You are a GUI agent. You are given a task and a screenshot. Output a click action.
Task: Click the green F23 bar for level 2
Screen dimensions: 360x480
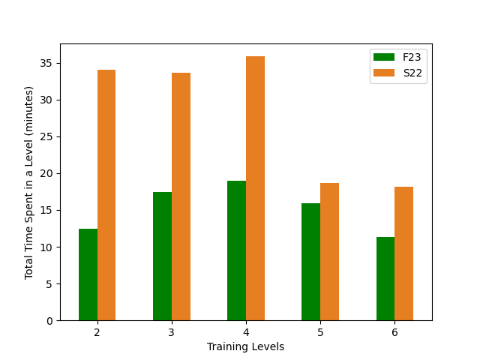tap(88, 274)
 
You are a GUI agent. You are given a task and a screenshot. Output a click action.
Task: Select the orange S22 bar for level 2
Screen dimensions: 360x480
tap(106, 195)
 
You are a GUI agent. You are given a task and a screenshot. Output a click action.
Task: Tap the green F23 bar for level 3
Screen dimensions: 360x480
tap(162, 256)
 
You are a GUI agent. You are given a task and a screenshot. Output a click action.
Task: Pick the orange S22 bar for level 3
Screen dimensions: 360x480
tap(181, 196)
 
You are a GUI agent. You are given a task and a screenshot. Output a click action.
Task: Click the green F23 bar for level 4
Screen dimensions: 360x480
tap(236, 250)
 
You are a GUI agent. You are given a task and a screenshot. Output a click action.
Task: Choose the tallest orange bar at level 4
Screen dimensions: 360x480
tap(255, 188)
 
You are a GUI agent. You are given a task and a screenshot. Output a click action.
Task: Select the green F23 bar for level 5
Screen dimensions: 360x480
tap(310, 262)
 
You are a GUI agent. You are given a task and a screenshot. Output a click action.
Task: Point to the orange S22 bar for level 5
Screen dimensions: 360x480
tap(329, 252)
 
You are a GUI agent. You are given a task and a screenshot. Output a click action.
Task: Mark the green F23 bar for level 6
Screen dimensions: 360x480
tap(385, 279)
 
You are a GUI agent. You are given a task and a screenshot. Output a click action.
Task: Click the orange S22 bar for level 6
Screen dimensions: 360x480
tap(403, 253)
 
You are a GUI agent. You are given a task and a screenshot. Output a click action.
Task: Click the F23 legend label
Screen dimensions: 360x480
tap(412, 57)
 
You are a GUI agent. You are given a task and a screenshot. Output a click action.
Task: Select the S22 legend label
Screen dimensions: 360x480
tap(412, 72)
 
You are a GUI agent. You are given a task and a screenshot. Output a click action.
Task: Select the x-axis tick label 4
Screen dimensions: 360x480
tap(246, 332)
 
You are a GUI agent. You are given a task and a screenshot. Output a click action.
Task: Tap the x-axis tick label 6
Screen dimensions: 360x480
tap(394, 332)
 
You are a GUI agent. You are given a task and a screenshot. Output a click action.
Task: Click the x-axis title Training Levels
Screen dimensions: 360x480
tap(246, 346)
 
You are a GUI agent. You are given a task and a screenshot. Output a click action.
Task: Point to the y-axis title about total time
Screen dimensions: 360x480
tap(29, 182)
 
